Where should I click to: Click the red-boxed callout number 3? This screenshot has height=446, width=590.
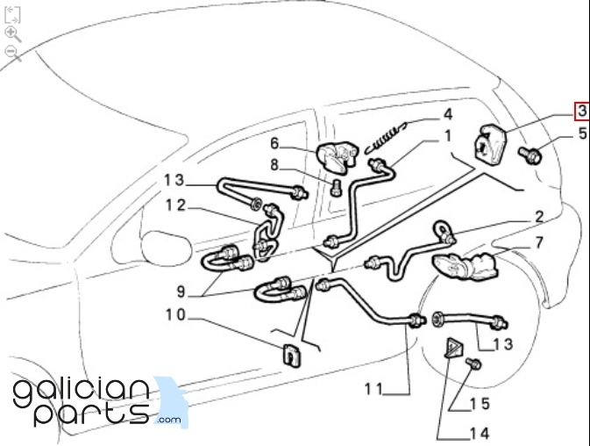582,111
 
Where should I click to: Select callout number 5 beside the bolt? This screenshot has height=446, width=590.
582,134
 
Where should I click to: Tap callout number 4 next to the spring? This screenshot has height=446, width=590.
447,114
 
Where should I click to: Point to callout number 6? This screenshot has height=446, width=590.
274,143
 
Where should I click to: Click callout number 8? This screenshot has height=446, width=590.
274,164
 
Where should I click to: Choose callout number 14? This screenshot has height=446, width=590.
478,432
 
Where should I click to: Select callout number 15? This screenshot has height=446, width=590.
479,404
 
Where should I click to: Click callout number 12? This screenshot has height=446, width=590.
176,205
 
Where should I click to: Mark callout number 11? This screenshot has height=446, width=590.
374,388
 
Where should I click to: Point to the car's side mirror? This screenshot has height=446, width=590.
167,246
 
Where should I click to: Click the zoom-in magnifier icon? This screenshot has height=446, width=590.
13,34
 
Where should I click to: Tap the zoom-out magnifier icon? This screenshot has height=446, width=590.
13,53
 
